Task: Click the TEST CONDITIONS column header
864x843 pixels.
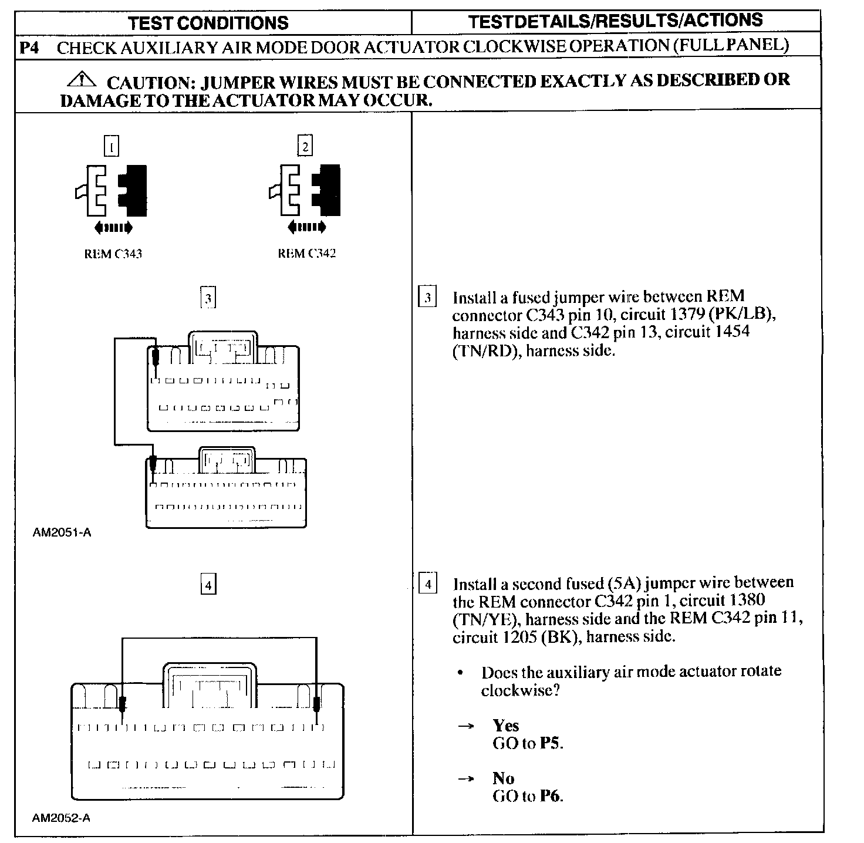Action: click(x=208, y=23)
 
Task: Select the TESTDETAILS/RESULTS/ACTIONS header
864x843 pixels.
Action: click(x=616, y=21)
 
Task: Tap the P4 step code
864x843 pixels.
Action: click(x=29, y=48)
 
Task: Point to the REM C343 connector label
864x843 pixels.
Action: click(x=113, y=254)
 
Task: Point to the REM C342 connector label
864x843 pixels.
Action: click(x=306, y=254)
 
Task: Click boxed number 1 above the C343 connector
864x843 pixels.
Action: click(x=112, y=146)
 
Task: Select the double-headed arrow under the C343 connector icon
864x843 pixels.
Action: click(x=113, y=227)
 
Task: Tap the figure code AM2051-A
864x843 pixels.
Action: click(x=62, y=533)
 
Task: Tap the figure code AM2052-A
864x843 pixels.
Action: click(x=61, y=818)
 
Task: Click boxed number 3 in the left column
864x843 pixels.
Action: click(x=208, y=298)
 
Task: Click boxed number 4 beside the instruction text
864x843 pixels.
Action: click(x=428, y=585)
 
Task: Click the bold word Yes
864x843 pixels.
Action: click(x=506, y=726)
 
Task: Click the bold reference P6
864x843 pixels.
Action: click(x=551, y=796)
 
